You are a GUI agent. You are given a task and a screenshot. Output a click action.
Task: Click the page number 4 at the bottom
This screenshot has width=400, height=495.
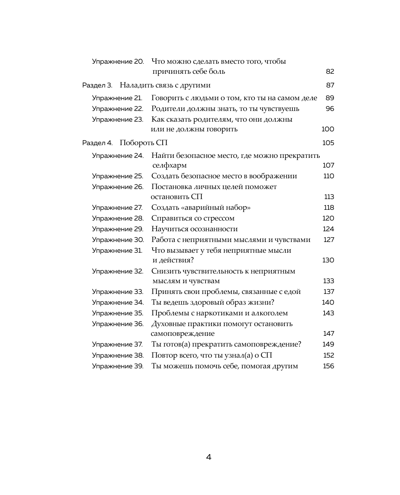pos(208,457)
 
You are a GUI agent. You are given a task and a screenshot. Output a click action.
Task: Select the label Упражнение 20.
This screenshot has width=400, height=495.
pos(118,62)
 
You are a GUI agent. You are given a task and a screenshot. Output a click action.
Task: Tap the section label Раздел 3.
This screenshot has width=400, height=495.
pos(97,85)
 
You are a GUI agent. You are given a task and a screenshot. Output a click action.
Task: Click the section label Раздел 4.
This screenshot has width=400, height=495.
pos(98,143)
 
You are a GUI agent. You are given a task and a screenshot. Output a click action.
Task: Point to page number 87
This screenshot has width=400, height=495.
pos(330,85)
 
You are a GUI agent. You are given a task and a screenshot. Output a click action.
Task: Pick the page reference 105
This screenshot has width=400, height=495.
pos(328,143)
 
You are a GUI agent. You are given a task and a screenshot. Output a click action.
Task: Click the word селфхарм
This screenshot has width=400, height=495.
pos(169,165)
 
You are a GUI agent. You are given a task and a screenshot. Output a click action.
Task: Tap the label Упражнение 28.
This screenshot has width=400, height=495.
pos(118,218)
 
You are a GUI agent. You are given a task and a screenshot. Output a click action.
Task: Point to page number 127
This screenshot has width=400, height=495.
pos(329,240)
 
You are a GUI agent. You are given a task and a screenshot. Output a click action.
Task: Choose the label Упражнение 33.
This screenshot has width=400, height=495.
pos(117,292)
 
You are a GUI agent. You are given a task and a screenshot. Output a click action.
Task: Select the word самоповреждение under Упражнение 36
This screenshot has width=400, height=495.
pos(182,333)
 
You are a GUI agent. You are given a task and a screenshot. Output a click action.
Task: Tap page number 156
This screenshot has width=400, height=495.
pos(328,366)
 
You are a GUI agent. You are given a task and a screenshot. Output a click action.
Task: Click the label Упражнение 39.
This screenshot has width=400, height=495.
pos(118,366)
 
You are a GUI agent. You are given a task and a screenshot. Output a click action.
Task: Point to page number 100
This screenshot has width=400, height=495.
pos(328,129)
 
